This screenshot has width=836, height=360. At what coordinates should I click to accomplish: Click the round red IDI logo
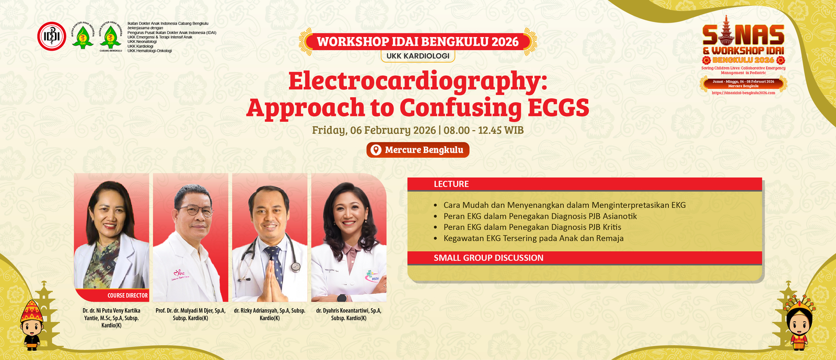tap(52, 36)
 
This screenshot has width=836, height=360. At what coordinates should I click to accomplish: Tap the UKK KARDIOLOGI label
tap(417, 56)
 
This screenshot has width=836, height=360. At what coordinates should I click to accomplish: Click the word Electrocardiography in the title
tap(417, 82)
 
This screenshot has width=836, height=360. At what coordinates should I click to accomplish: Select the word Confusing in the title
tap(460, 108)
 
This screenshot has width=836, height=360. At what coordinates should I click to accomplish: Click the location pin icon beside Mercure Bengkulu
tap(376, 150)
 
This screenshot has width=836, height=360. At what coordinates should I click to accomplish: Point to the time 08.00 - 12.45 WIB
tap(483, 130)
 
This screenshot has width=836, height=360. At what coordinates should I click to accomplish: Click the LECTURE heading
tap(451, 184)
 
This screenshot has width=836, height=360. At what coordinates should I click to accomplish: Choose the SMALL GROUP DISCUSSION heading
tap(488, 258)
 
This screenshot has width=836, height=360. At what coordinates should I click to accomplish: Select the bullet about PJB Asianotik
tap(540, 216)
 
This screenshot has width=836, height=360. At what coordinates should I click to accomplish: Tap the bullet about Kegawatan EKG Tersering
tap(533, 238)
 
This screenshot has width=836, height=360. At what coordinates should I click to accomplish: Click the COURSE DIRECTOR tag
tap(127, 295)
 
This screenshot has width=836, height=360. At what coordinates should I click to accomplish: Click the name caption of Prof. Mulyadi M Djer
tap(191, 314)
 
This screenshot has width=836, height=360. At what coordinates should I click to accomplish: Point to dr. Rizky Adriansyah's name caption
tap(270, 314)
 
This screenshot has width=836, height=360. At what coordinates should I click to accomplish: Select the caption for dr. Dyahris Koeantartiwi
tap(349, 314)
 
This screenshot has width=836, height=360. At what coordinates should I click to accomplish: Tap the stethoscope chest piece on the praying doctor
tap(296, 266)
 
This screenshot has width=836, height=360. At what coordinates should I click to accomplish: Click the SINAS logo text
tap(743, 36)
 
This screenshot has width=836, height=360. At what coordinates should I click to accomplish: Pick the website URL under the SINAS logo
tap(743, 93)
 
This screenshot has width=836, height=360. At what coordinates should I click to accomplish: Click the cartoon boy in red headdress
tap(32, 324)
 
